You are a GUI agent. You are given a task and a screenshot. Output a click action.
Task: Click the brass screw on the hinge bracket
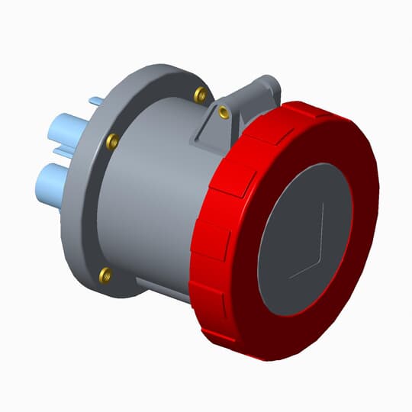pos(224,113)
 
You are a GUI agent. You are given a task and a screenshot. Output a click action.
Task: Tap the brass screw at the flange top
pos(201,95)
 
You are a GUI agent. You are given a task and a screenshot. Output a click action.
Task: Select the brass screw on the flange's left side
pos(112,141)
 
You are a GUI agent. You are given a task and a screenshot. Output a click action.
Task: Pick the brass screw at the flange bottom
pos(106,273)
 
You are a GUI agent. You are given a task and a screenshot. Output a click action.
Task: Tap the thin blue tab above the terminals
pos(95,101)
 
